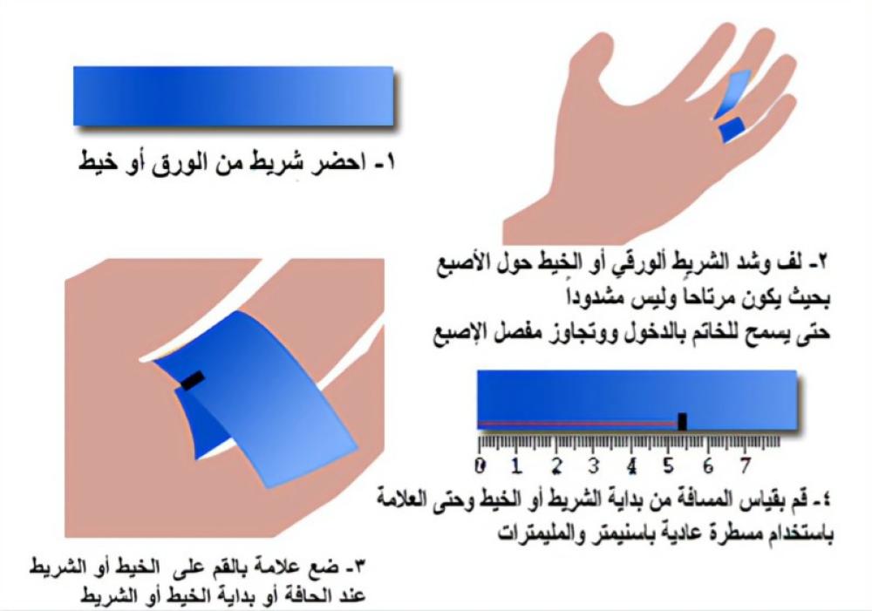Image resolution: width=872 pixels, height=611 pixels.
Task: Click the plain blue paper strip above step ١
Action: [233, 96]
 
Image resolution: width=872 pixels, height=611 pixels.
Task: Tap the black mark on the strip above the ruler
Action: [683, 421]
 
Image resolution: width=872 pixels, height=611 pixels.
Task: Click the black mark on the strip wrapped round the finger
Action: [193, 381]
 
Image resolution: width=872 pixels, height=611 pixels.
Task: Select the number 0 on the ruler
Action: [480, 465]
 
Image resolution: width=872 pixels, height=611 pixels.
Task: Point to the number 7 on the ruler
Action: [746, 465]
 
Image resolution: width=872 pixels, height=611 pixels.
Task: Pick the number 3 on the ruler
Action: [594, 465]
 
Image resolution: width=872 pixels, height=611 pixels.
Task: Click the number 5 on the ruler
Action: [669, 465]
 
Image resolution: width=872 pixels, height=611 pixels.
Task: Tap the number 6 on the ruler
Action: [708, 465]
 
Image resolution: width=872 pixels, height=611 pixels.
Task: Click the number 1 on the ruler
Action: [517, 465]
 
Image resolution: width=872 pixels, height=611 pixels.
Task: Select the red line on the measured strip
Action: [578, 424]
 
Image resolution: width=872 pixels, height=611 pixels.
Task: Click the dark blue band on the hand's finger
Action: [732, 130]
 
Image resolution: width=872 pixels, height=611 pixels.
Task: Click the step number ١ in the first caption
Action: [388, 163]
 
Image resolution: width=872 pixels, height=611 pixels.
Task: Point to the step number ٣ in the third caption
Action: [359, 567]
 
